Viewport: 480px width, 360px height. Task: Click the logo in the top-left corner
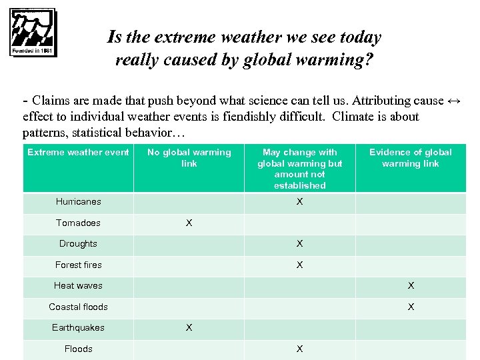point(33,33)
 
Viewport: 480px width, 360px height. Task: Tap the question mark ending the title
point(369,61)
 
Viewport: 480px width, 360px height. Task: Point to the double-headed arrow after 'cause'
point(454,101)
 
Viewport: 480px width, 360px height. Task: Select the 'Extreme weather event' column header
point(78,153)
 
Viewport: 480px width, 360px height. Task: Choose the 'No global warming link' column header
point(189,158)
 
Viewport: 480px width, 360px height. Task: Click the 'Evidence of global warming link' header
point(410,158)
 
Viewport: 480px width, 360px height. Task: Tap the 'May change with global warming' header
point(299,169)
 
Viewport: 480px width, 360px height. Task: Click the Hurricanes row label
point(78,202)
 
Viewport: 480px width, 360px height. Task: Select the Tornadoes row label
point(78,223)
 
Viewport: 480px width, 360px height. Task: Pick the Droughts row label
point(78,244)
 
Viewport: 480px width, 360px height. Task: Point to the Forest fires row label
point(78,265)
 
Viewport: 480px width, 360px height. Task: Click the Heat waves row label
point(78,286)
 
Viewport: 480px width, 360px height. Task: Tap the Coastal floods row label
point(78,307)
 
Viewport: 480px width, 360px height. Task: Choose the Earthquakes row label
point(78,328)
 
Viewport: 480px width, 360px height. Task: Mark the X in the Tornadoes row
point(189,223)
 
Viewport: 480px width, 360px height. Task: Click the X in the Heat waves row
point(411,286)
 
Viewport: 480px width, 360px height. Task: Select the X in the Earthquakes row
point(189,328)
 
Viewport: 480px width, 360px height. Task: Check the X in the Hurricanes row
point(299,202)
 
